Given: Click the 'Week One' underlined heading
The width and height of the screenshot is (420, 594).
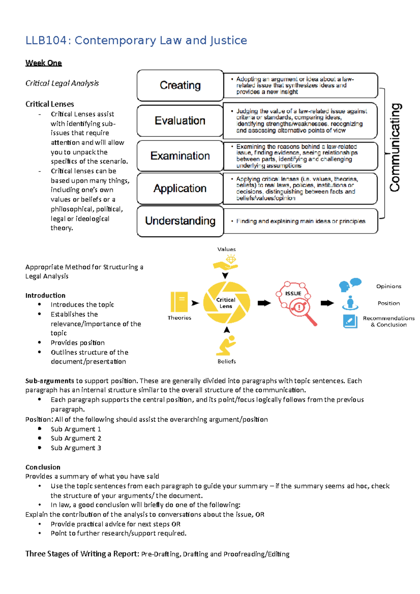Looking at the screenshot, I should coord(43,63).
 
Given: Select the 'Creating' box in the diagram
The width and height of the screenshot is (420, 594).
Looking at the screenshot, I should coord(180,85).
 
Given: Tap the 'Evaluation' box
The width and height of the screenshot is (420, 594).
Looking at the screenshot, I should coord(180,121).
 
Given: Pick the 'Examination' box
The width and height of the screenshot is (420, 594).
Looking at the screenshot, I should coord(180,156).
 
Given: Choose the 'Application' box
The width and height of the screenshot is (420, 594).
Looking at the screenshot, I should coord(180,188).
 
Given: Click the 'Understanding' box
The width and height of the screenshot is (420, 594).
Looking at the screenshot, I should coord(180,221).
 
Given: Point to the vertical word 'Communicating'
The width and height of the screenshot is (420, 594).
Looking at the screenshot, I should coord(395,147).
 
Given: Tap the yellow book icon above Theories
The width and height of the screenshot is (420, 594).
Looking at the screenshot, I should coord(179,302).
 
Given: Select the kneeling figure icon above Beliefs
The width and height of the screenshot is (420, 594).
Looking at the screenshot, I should coord(226,346).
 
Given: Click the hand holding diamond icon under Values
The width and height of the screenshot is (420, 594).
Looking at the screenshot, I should coord(226,262).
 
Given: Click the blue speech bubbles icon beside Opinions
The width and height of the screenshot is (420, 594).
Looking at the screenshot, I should coord(350,285).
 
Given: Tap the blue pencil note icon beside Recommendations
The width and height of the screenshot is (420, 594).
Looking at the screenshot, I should coord(350,321).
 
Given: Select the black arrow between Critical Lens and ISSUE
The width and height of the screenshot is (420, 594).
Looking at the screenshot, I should coord(264,303).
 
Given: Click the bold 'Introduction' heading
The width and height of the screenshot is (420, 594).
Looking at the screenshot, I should coord(45,295).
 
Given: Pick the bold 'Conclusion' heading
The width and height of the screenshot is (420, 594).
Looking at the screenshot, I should coord(43,467).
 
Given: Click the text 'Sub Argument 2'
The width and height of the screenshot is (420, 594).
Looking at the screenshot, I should coord(76,438).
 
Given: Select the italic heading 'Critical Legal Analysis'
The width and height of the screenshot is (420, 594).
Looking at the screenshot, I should coord(62,83).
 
